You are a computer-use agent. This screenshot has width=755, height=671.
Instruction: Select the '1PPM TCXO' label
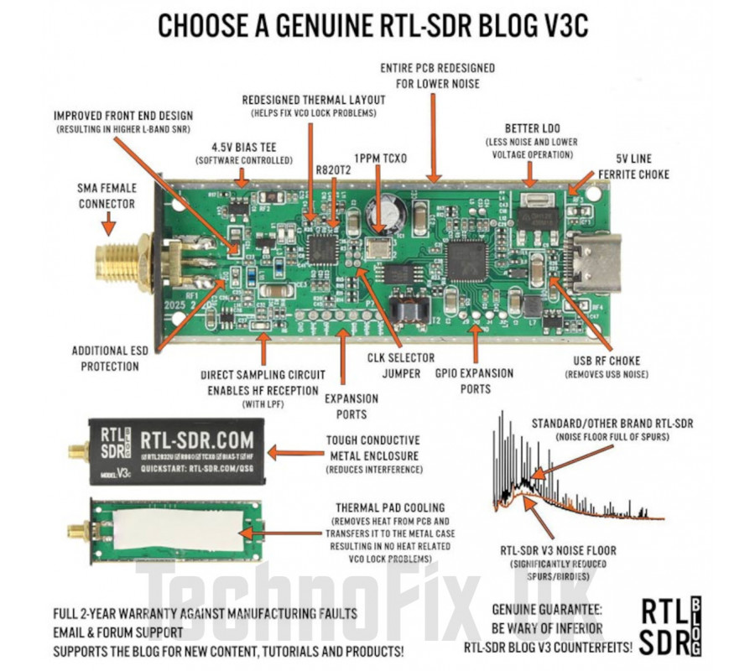pos(380,157)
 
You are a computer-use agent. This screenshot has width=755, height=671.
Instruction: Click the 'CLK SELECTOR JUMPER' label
pos(394,367)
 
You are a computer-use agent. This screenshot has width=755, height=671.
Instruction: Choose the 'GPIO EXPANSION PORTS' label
pos(476,380)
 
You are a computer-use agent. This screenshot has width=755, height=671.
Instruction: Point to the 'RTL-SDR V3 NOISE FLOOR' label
pos(558,550)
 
